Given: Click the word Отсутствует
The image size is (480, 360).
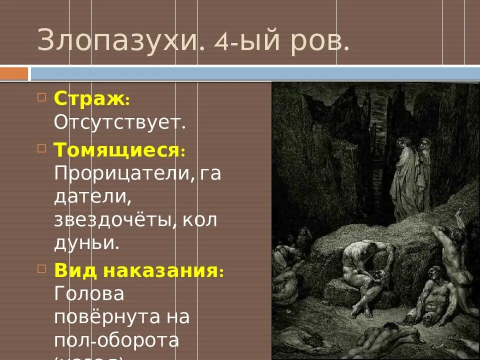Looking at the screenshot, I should click(x=120, y=122).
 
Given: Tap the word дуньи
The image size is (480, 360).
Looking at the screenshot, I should click(x=86, y=242).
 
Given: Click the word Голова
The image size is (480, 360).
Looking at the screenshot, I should click(x=89, y=294).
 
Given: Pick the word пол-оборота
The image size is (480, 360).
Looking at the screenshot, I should click(x=116, y=341).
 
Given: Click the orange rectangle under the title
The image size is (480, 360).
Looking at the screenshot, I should click(x=14, y=74).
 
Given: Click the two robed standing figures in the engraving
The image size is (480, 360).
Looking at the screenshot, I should click(x=410, y=175).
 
